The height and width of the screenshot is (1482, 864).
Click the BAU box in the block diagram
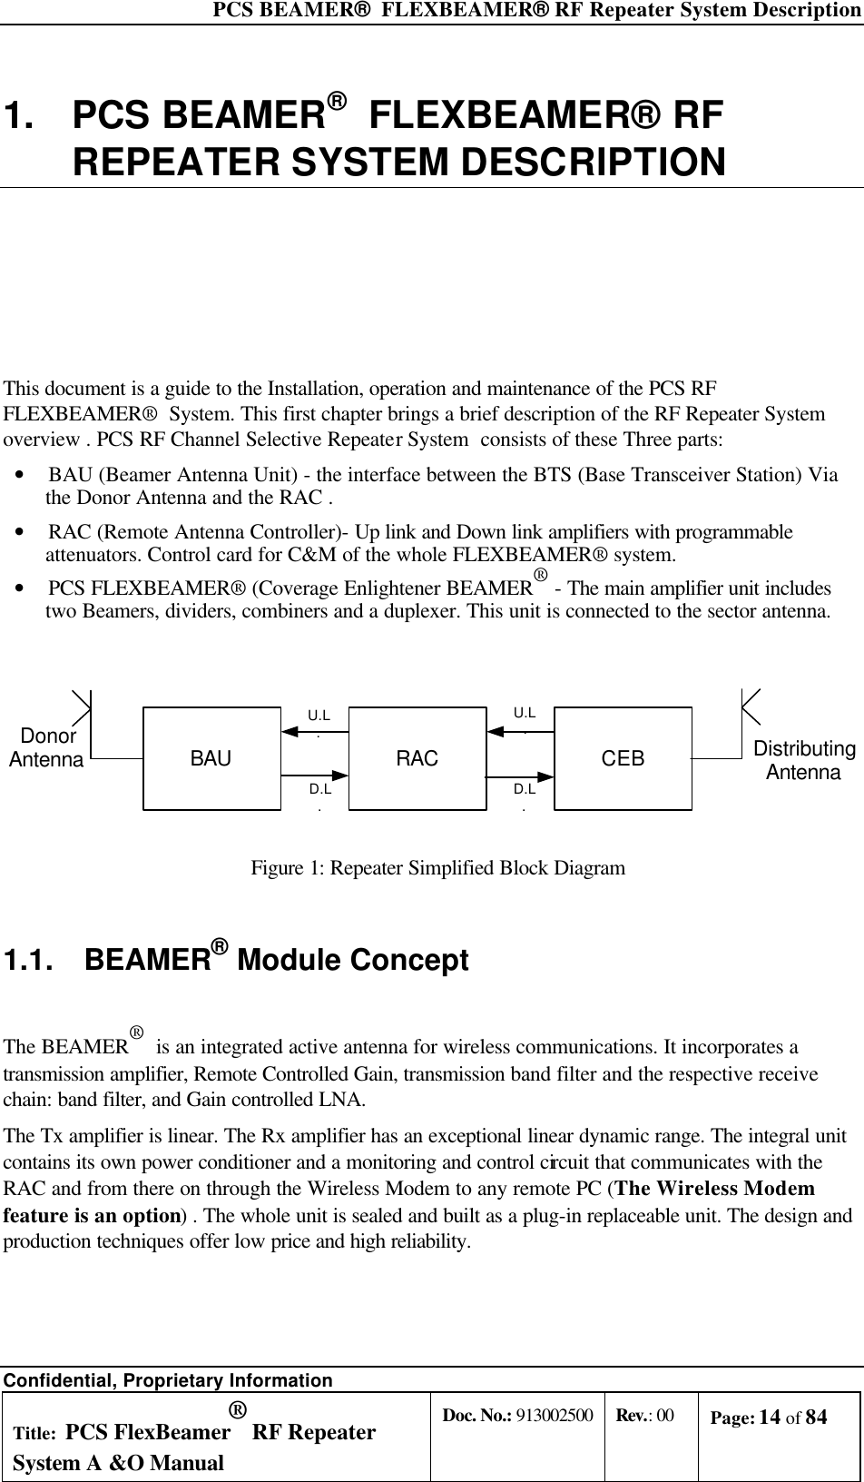[211, 758]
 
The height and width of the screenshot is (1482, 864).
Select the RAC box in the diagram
[417, 758]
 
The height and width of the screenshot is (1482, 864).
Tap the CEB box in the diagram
[623, 758]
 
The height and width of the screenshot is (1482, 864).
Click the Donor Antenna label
[46, 747]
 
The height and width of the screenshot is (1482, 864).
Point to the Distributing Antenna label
[804, 761]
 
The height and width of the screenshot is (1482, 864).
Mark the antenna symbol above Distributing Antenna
[751, 706]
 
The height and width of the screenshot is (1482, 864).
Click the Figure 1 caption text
[437, 868]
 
